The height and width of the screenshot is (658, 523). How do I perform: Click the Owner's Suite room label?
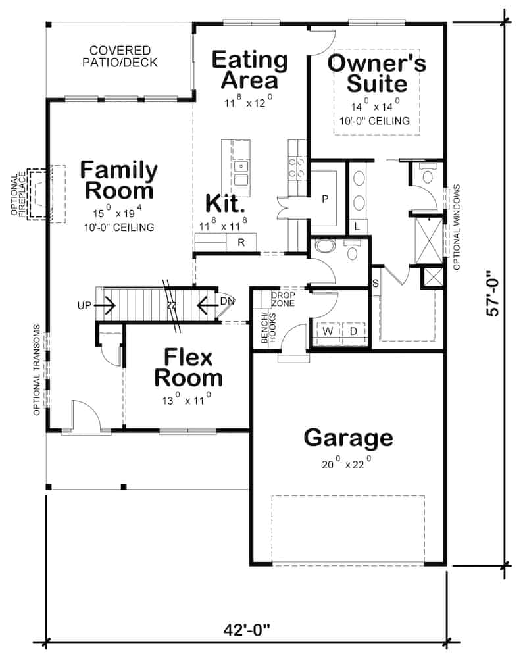click(376, 74)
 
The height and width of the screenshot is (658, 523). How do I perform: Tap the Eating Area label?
click(249, 70)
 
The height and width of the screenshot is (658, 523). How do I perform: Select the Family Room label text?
click(118, 180)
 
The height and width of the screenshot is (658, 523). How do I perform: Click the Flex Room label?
click(188, 368)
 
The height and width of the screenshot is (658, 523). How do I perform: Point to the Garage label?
click(348, 438)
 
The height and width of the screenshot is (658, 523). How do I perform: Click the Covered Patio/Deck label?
click(120, 57)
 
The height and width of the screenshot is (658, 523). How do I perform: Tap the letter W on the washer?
click(327, 331)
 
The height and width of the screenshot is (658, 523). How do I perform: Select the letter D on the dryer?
click(353, 331)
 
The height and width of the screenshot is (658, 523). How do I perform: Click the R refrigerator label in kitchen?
click(241, 243)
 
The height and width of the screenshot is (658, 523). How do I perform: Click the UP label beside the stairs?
click(84, 306)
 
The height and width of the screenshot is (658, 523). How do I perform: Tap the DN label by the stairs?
click(227, 301)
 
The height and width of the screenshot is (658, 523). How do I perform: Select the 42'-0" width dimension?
click(247, 631)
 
